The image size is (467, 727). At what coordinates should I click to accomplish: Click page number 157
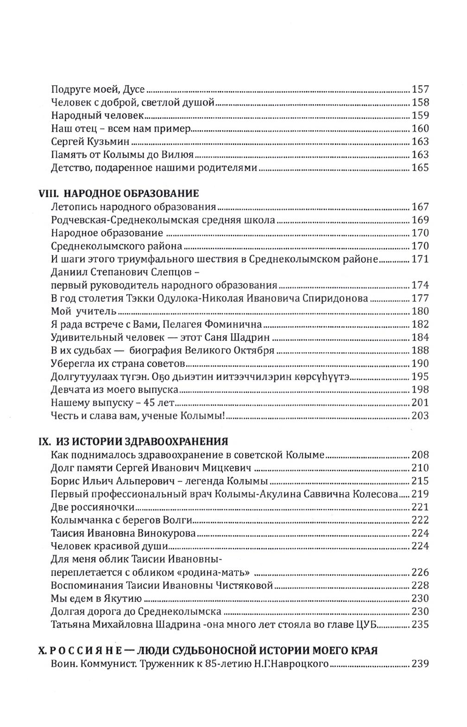pyautogui.click(x=420, y=90)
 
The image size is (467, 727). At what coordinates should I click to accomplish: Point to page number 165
pyautogui.click(x=420, y=168)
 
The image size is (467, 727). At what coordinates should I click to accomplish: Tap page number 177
pyautogui.click(x=420, y=298)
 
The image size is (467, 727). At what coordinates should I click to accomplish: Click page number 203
pyautogui.click(x=420, y=415)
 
